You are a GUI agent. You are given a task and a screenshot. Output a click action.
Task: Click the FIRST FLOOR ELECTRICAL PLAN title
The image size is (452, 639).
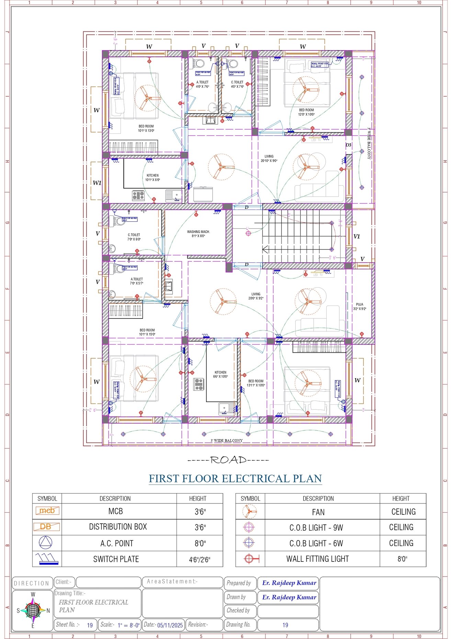point(235,478)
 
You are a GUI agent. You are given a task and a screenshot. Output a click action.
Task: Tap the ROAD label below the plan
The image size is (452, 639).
point(228,460)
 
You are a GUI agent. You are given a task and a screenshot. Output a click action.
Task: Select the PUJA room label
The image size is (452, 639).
point(360,306)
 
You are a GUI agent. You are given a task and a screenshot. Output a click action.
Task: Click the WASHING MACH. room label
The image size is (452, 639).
point(198,234)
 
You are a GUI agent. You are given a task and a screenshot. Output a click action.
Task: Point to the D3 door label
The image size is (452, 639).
point(348,145)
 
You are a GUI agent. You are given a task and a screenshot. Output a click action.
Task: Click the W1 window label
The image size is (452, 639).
point(97,183)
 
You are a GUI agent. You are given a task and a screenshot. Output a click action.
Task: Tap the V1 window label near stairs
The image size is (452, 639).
point(357,236)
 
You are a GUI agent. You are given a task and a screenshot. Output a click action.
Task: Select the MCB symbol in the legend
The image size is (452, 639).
point(47,511)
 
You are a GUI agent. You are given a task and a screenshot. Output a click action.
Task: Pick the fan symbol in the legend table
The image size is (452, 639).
point(250,512)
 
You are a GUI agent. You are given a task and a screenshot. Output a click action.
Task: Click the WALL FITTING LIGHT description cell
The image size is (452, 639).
point(317,559)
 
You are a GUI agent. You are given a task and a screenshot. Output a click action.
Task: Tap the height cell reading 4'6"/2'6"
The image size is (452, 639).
point(200,560)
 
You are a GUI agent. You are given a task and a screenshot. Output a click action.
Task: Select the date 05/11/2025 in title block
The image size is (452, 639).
point(170,625)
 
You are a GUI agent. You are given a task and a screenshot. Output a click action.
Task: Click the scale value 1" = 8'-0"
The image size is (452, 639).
point(128,625)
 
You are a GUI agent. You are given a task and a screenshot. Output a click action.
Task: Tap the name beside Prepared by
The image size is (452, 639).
point(289,583)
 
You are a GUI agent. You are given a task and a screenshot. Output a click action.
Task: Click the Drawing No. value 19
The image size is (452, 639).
point(285,625)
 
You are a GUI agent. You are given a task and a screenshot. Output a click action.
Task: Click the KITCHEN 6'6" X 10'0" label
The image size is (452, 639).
point(221,374)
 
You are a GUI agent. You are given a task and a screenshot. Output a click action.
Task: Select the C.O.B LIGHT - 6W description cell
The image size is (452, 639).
point(316,544)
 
